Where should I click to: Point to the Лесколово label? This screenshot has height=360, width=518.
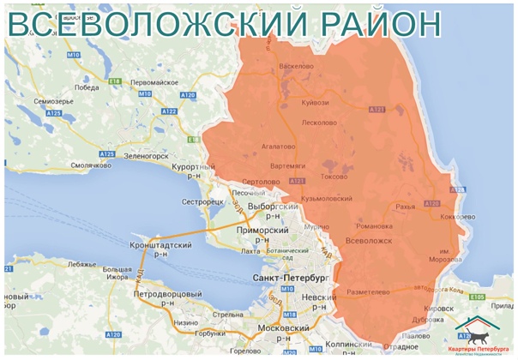point(319,122)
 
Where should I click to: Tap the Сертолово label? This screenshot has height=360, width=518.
point(262,182)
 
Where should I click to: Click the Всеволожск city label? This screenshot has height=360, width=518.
point(368,243)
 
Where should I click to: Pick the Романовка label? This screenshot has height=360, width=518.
point(374,226)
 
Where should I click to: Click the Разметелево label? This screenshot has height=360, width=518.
point(367,292)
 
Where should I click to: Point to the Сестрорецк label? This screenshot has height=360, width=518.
point(203,201)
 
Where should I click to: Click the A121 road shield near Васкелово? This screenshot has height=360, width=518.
point(376,110)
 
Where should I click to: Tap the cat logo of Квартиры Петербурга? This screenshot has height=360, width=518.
point(474,330)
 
